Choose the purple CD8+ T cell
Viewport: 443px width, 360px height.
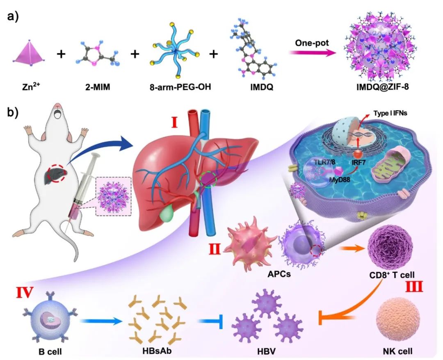(387, 246)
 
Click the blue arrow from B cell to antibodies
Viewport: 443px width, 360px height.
(100, 321)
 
